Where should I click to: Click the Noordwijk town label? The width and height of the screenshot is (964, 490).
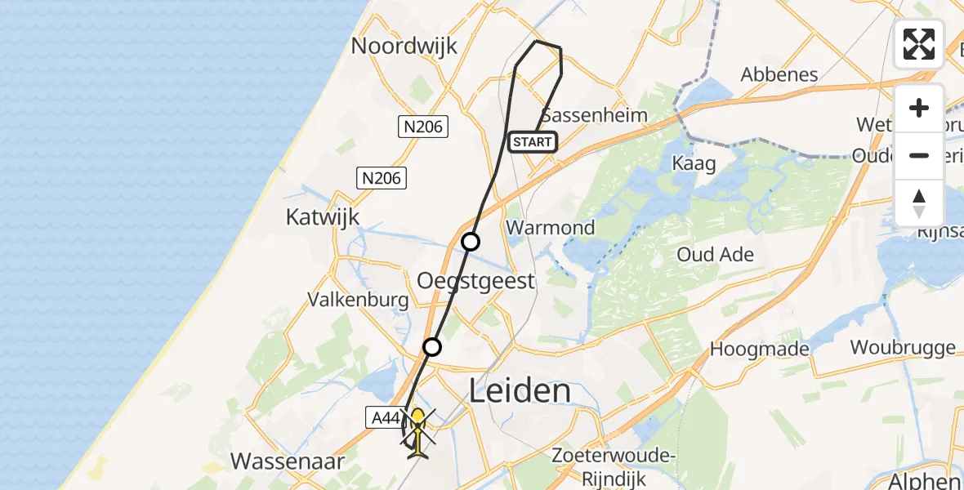pyautogui.click(x=404, y=46)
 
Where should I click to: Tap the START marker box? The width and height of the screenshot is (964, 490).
pyautogui.click(x=533, y=142)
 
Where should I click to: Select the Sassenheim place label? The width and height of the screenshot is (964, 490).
pyautogui.click(x=594, y=114)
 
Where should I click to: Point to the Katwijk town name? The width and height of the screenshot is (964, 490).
pyautogui.click(x=323, y=216)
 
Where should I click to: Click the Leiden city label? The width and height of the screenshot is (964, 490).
pyautogui.click(x=520, y=390)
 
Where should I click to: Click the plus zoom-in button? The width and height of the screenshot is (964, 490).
pyautogui.click(x=919, y=109)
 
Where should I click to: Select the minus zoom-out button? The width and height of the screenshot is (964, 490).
pyautogui.click(x=919, y=155)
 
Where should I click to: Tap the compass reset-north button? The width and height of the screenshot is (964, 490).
pyautogui.click(x=919, y=203)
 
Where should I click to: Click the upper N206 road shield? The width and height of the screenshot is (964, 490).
pyautogui.click(x=422, y=126)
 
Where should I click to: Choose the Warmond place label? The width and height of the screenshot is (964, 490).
pyautogui.click(x=551, y=227)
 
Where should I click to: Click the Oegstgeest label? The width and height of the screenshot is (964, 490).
pyautogui.click(x=475, y=281)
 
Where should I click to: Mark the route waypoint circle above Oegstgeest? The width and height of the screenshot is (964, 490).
pyautogui.click(x=471, y=242)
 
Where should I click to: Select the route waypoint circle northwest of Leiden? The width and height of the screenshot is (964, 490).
pyautogui.click(x=432, y=347)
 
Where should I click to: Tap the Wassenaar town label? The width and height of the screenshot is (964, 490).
pyautogui.click(x=288, y=461)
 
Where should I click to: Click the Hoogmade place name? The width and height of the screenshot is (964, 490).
pyautogui.click(x=760, y=349)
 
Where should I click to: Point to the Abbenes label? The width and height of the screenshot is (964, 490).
pyautogui.click(x=779, y=75)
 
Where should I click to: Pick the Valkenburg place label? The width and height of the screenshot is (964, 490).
pyautogui.click(x=358, y=300)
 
